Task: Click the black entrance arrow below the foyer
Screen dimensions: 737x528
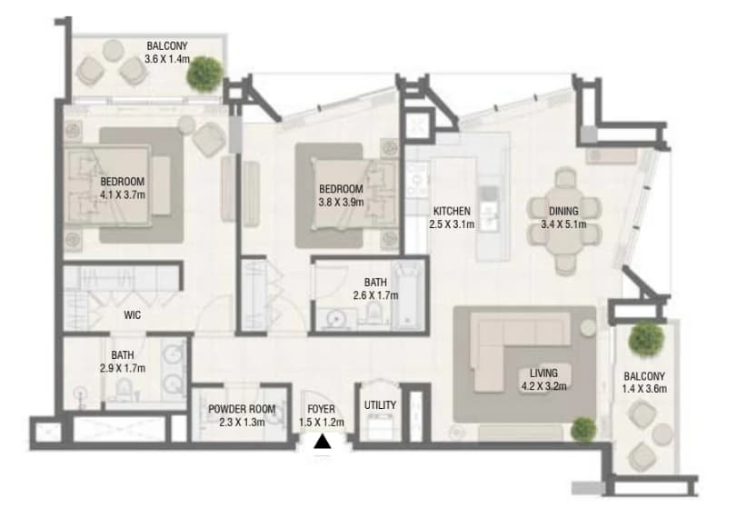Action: pyautogui.click(x=322, y=442)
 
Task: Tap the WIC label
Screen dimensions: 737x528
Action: pyautogui.click(x=132, y=315)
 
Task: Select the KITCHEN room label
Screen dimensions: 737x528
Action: pyautogui.click(x=452, y=211)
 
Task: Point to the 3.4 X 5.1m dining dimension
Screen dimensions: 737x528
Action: pyautogui.click(x=563, y=224)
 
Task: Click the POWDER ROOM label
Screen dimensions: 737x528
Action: pyautogui.click(x=242, y=409)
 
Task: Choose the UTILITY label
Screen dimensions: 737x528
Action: pyautogui.click(x=380, y=404)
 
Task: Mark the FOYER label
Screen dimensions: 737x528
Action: pyautogui.click(x=322, y=409)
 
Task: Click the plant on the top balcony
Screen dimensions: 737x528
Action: pyautogui.click(x=205, y=74)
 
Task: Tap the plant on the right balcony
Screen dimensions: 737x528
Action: pyautogui.click(x=647, y=338)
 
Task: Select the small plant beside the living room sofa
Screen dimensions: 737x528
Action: pyautogui.click(x=583, y=429)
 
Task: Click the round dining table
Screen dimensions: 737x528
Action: pyautogui.click(x=563, y=221)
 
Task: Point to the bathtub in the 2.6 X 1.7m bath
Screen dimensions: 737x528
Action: pyautogui.click(x=408, y=295)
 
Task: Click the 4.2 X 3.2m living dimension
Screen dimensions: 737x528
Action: pyautogui.click(x=543, y=386)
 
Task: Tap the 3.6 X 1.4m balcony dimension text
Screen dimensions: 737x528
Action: pyautogui.click(x=167, y=59)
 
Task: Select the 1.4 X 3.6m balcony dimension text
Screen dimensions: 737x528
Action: pyautogui.click(x=644, y=389)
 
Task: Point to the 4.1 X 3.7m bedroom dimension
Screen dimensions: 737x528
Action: pyautogui.click(x=123, y=194)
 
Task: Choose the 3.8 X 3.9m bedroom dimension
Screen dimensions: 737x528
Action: pyautogui.click(x=341, y=202)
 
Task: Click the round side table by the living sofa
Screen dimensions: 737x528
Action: pyautogui.click(x=588, y=327)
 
